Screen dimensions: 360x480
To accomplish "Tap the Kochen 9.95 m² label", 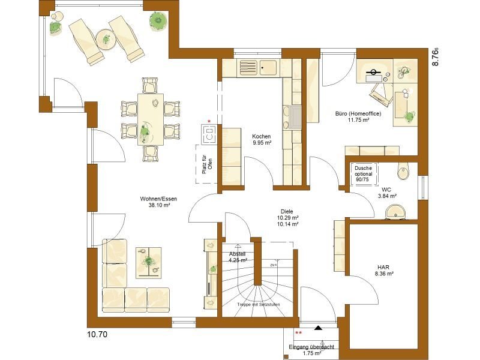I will [262, 140].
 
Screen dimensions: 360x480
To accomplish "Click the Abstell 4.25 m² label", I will [237, 257].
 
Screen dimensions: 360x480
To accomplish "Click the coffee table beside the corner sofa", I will [148, 262].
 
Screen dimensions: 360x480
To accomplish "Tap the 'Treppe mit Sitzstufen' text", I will [259, 305].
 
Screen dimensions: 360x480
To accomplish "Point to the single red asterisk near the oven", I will [209, 121].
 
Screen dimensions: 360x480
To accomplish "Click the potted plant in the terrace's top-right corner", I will [158, 20].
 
